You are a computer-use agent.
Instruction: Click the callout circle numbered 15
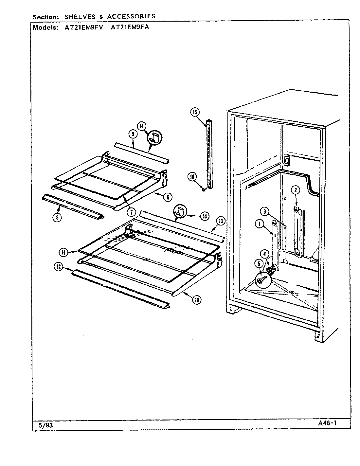(x=195, y=112)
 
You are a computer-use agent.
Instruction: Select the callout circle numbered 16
(x=192, y=177)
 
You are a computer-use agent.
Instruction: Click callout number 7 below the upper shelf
(x=131, y=212)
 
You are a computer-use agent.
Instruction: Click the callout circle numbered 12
(x=58, y=267)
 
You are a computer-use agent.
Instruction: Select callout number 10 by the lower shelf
(x=197, y=299)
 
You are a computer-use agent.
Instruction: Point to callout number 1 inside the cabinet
(x=260, y=224)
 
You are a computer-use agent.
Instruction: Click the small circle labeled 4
(x=265, y=253)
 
